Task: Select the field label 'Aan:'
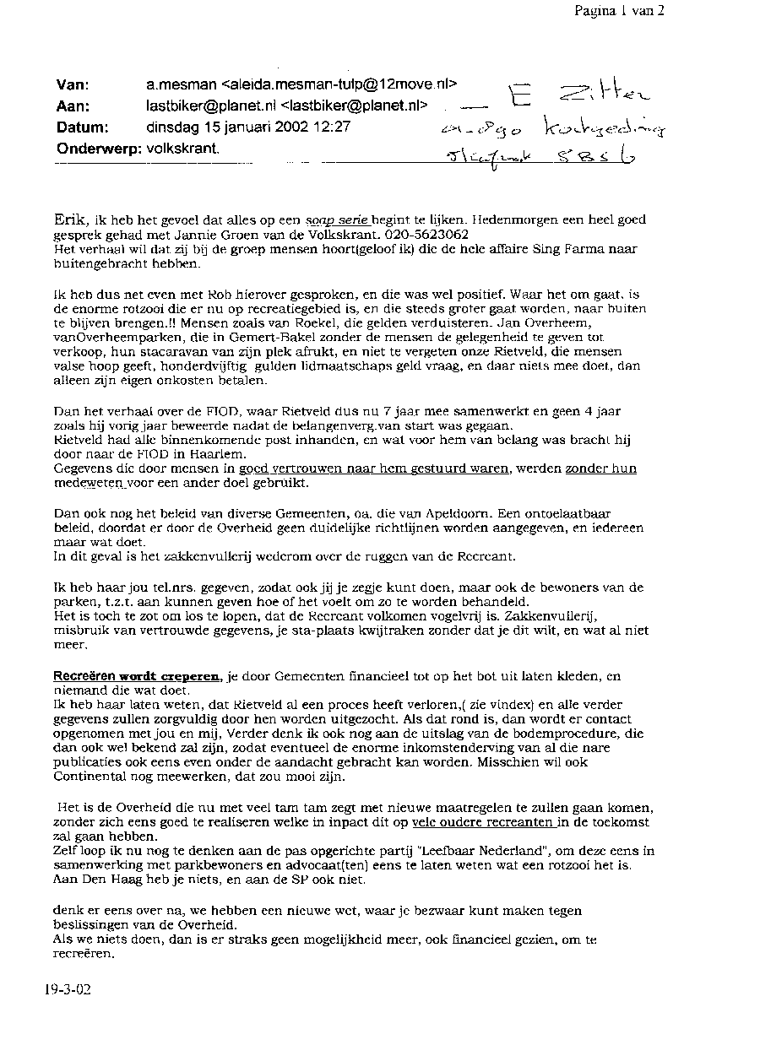coord(73,106)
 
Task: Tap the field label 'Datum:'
coord(82,127)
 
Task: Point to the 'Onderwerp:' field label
coord(98,149)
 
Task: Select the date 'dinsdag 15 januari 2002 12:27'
coord(248,127)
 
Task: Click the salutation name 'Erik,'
coord(70,219)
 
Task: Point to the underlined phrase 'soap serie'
coord(337,219)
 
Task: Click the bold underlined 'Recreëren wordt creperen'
coord(137,677)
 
